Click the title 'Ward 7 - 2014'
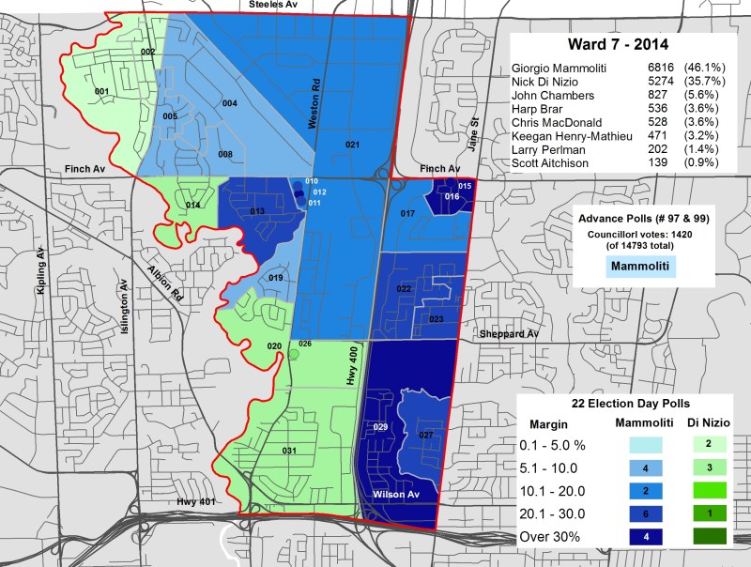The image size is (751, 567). [x=622, y=45]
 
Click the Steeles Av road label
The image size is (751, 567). [x=271, y=5]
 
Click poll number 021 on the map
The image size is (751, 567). [x=352, y=145]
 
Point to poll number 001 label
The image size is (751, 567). [x=102, y=91]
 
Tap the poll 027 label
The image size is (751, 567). [x=425, y=435]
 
